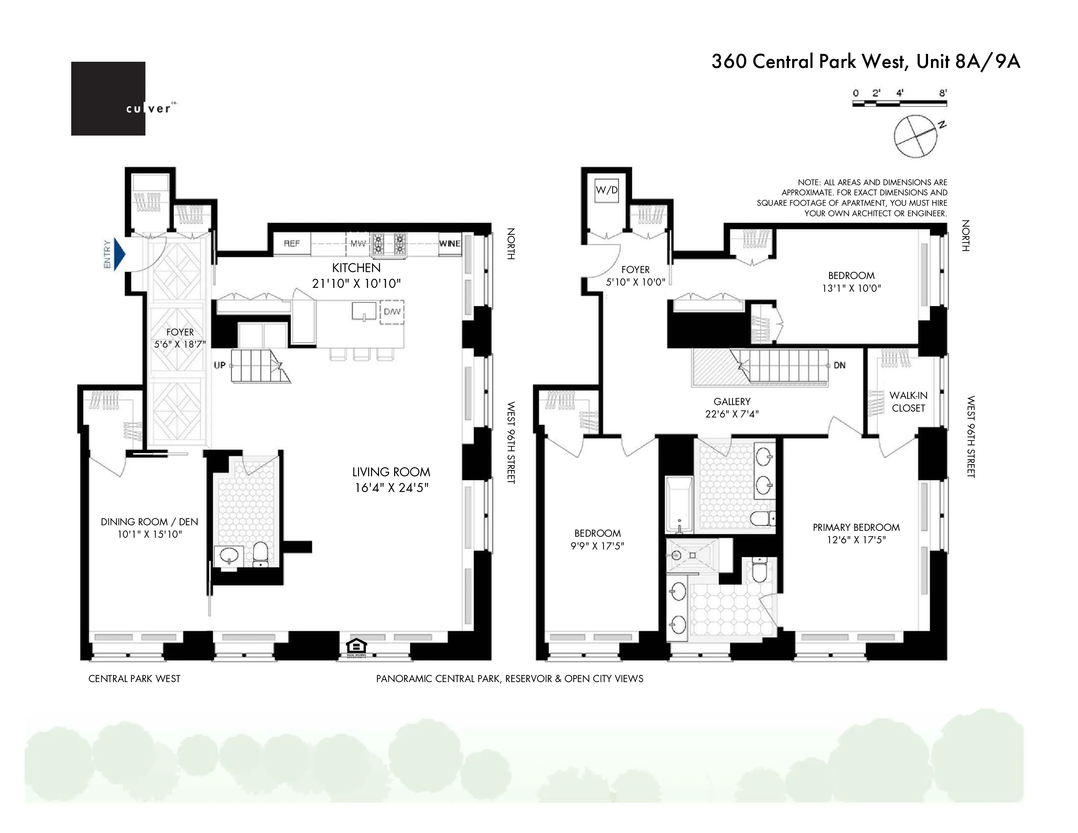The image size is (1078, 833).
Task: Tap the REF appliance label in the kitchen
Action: click(x=292, y=243)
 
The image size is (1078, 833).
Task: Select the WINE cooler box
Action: click(x=450, y=244)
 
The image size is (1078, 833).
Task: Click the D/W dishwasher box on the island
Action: click(x=392, y=312)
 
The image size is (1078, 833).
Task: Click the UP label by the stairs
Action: click(x=220, y=365)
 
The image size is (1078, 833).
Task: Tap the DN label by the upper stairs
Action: click(x=839, y=365)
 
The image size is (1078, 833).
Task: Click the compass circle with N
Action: click(x=916, y=137)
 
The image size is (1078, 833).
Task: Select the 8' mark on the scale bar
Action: click(x=943, y=93)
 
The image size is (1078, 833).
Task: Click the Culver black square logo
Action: click(x=108, y=98)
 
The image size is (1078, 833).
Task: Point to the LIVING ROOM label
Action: click(x=391, y=472)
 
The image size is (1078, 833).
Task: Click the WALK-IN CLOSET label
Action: click(x=908, y=402)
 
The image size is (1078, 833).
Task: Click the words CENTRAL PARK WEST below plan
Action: click(x=134, y=678)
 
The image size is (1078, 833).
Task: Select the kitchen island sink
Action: click(x=364, y=311)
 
